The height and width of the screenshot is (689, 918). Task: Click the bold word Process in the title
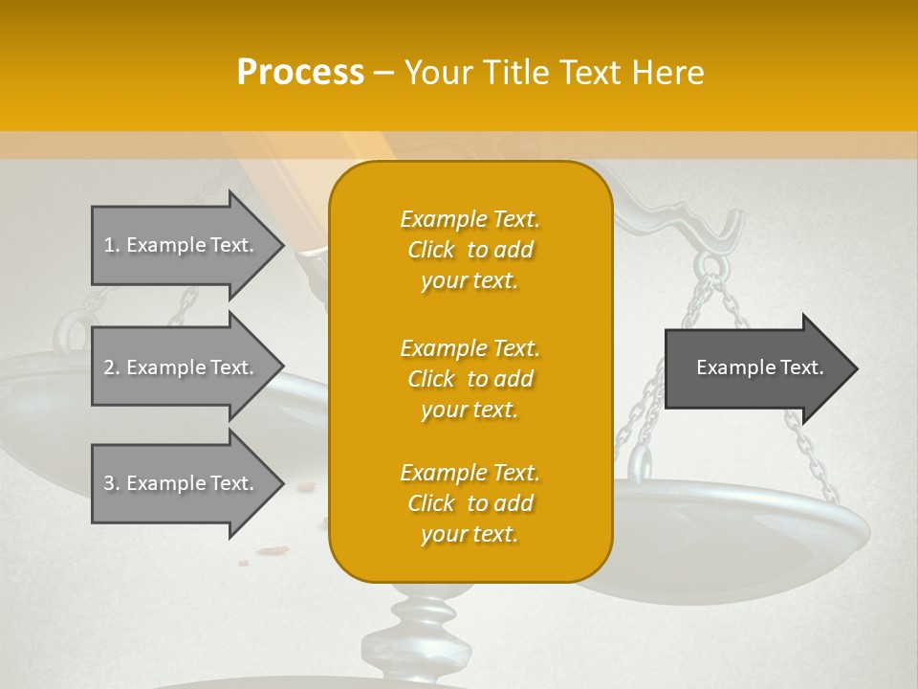tap(300, 72)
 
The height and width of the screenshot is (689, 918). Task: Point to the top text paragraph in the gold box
tap(470, 250)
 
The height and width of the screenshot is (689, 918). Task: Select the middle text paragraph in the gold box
tap(470, 379)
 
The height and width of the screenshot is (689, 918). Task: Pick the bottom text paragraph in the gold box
tap(470, 503)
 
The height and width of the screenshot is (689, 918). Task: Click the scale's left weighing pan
tap(38, 402)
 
